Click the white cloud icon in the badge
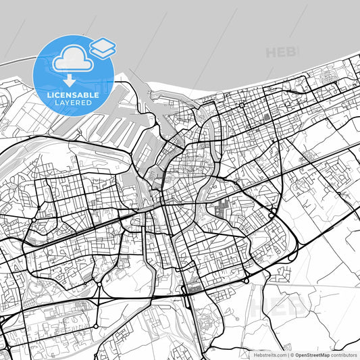(72, 60)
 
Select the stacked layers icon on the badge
(103, 47)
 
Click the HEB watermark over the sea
(281, 52)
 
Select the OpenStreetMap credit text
(312, 354)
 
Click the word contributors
(344, 354)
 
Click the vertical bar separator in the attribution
(286, 354)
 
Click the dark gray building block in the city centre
(221, 210)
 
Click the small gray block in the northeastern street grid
(267, 116)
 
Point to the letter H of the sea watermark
(271, 52)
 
